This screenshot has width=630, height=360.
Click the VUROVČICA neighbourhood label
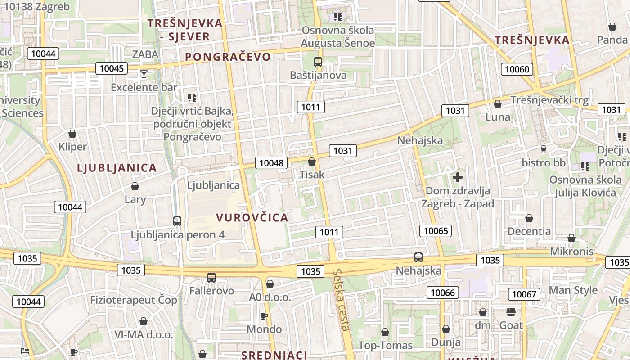click(252, 218)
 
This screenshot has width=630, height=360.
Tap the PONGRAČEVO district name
click(228, 57)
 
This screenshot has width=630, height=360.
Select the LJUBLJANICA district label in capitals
click(117, 168)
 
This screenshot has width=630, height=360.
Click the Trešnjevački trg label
click(549, 100)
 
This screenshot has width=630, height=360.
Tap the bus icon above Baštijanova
click(318, 62)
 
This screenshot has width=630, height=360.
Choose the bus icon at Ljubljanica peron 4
click(177, 221)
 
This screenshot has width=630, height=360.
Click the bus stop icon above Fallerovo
click(211, 277)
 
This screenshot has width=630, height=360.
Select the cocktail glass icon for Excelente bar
click(144, 74)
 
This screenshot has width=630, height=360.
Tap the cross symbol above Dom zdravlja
click(458, 177)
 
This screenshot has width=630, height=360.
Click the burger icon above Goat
click(511, 311)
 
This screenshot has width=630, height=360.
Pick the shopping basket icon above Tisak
click(312, 161)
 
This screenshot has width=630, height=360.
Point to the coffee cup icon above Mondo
click(264, 316)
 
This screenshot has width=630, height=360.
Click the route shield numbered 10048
click(271, 162)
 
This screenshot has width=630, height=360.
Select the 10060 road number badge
click(517, 69)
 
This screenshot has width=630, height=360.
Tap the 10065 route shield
click(436, 231)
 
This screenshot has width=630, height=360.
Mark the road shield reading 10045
click(112, 68)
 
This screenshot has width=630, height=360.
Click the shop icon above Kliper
click(72, 134)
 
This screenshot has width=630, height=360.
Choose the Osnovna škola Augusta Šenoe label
click(338, 37)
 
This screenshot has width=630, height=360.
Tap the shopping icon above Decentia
click(529, 218)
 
